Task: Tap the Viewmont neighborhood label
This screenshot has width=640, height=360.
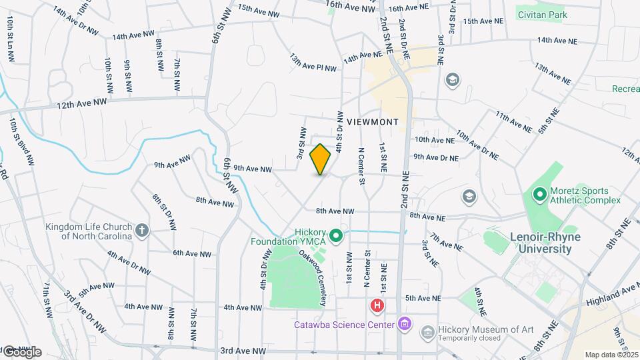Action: (x=372, y=122)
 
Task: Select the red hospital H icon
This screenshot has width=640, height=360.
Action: (x=377, y=307)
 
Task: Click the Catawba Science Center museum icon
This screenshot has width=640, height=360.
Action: (x=403, y=325)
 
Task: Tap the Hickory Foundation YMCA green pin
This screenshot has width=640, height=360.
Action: (x=337, y=235)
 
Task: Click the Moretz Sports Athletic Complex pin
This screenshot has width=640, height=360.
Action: (x=539, y=195)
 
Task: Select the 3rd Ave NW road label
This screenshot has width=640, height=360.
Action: (x=243, y=351)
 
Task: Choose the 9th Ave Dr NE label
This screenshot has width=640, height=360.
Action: (x=436, y=157)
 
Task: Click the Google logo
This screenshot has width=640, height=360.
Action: (x=22, y=352)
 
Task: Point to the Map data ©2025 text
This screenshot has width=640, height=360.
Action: (x=611, y=355)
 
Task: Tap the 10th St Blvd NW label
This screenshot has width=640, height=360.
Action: (x=21, y=144)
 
